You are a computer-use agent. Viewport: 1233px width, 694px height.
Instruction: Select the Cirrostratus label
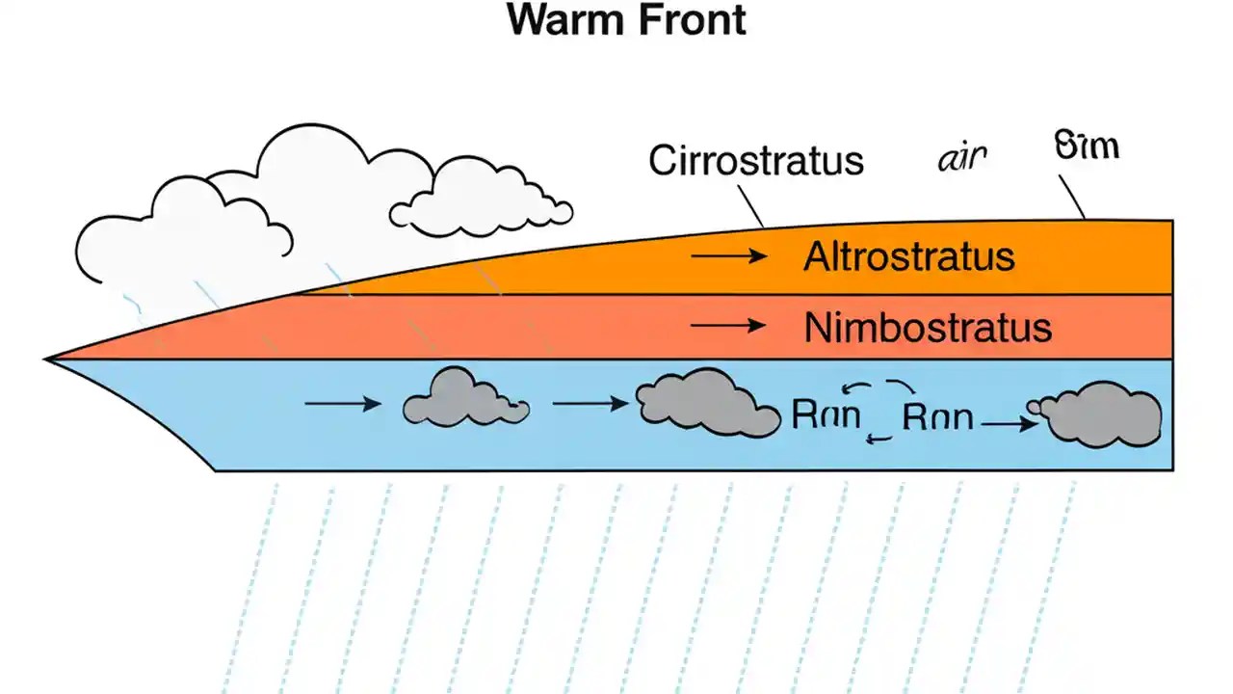pos(755,160)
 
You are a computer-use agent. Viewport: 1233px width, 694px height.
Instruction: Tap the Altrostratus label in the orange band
pos(908,257)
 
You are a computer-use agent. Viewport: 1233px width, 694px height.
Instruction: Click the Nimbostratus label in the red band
pos(927,329)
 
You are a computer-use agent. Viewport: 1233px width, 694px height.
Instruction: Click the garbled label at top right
pos(1087,147)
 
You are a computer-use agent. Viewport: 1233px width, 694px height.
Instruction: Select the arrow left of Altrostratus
pos(728,256)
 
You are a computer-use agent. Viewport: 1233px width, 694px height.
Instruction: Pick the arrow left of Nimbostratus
pos(728,327)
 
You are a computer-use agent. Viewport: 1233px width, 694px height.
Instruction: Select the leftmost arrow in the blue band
pos(342,404)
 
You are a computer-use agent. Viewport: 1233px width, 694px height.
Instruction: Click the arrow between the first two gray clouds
pos(590,404)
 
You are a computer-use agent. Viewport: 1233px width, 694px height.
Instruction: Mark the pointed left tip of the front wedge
pos(48,360)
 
